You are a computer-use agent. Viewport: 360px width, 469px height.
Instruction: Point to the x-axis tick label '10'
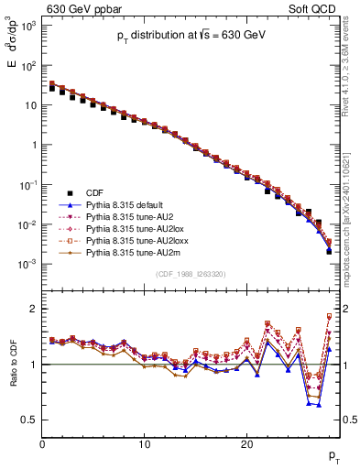tap(145, 443)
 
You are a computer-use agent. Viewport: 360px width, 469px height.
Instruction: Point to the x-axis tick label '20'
tap(246, 443)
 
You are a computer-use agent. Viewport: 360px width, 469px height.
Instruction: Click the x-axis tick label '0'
tap(43, 443)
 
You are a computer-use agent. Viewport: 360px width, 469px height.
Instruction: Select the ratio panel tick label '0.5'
tap(29, 420)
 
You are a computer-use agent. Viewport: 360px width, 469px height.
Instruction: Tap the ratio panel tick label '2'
tap(34, 308)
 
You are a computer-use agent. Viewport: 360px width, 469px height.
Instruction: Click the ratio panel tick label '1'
tap(34, 365)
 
